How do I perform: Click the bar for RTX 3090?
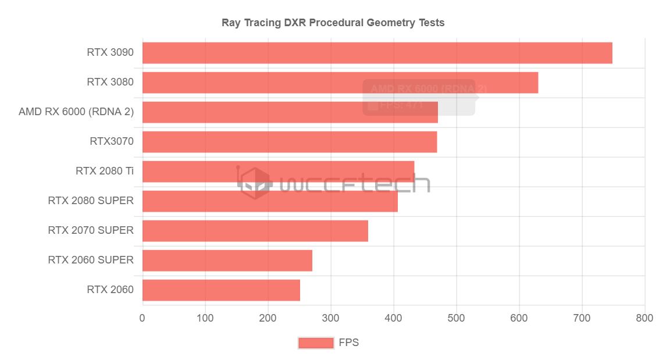point(377,53)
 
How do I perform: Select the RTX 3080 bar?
point(340,83)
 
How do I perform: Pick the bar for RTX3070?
point(289,142)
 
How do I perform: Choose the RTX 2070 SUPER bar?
point(255,231)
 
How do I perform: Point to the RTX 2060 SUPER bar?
point(227,261)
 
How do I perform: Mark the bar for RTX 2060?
point(221,290)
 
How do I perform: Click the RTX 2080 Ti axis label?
point(104,171)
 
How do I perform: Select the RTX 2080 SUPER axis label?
point(91,201)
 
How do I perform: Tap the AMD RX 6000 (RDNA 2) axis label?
point(76,112)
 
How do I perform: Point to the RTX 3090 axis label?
point(110,52)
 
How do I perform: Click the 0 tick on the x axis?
point(142,318)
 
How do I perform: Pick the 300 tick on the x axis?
point(331,318)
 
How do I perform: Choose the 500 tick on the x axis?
point(457,318)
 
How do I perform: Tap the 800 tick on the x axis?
point(644,318)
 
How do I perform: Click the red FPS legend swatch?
point(316,343)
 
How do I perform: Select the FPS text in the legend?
point(349,343)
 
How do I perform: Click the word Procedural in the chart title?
point(336,23)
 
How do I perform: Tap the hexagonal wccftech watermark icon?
point(255,183)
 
